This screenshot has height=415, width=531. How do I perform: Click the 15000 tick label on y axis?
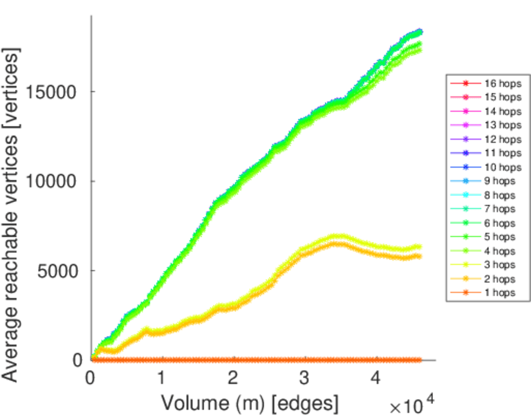tap(55, 91)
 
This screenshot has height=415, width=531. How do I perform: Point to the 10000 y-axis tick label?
tap(55, 181)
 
